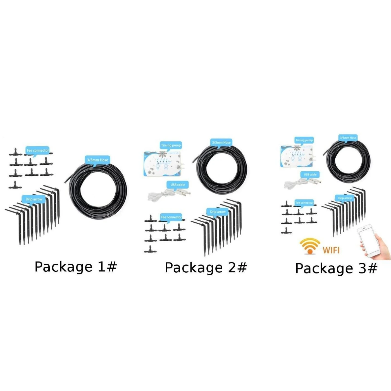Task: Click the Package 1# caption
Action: click(75, 267)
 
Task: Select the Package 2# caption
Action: click(206, 268)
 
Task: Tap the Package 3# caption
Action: click(336, 268)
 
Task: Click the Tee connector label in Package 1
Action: click(37, 150)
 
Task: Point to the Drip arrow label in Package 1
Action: click(34, 199)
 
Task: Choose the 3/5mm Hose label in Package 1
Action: click(97, 160)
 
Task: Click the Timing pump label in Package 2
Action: click(171, 145)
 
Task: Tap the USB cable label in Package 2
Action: click(178, 185)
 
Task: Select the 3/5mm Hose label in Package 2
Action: click(221, 142)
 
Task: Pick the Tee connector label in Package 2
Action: click(171, 217)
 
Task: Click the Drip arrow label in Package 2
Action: click(218, 212)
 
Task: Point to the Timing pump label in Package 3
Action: click(304, 140)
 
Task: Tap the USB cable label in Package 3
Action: click(310, 175)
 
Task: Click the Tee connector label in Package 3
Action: click(304, 203)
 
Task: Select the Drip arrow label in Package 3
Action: click(345, 198)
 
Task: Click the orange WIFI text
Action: click(331, 250)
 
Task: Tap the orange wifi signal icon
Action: click(310, 246)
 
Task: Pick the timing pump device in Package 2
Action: click(162, 164)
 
